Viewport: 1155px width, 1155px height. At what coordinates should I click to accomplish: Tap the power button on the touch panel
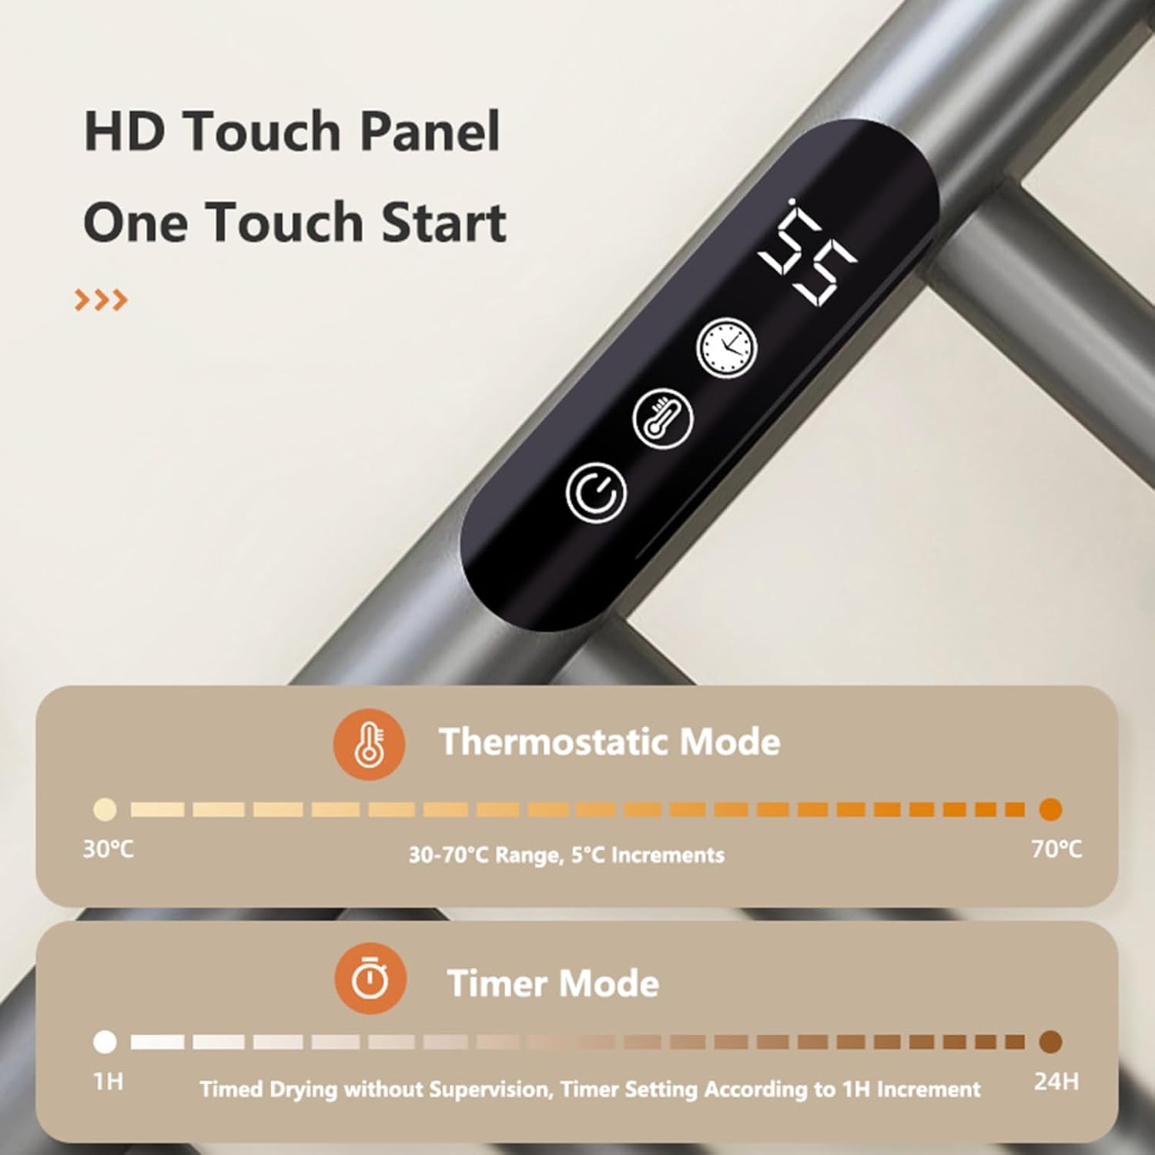(x=595, y=493)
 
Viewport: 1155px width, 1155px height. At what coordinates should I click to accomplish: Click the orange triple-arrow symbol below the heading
(x=101, y=300)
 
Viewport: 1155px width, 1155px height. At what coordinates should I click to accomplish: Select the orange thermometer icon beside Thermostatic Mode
(x=370, y=745)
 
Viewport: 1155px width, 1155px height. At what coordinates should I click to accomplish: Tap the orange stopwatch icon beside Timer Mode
(x=370, y=979)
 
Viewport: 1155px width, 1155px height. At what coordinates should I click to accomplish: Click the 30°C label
(x=108, y=849)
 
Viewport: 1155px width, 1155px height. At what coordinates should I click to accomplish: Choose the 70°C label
(x=1056, y=849)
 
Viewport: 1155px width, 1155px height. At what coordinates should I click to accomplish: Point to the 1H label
(x=108, y=1082)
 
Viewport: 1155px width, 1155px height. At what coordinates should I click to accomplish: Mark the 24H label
(x=1056, y=1082)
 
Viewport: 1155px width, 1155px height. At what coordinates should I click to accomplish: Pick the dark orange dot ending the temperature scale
(x=1050, y=809)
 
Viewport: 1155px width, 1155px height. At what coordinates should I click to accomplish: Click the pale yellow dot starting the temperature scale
(x=105, y=809)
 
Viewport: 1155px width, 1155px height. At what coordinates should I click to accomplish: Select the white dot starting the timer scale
(x=105, y=1042)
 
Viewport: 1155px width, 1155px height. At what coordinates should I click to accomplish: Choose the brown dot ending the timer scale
(x=1050, y=1042)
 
